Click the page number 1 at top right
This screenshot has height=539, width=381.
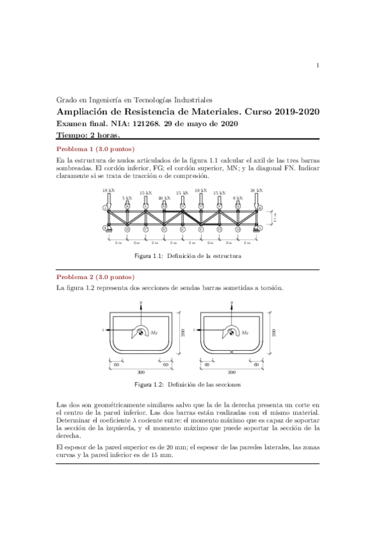click(x=317, y=65)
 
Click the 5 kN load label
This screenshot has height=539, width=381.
click(x=127, y=198)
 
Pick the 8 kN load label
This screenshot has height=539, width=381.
click(x=237, y=198)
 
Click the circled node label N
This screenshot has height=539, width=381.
click(x=183, y=207)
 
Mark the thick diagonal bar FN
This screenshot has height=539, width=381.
click(x=191, y=217)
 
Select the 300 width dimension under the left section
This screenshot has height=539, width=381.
click(x=140, y=372)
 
